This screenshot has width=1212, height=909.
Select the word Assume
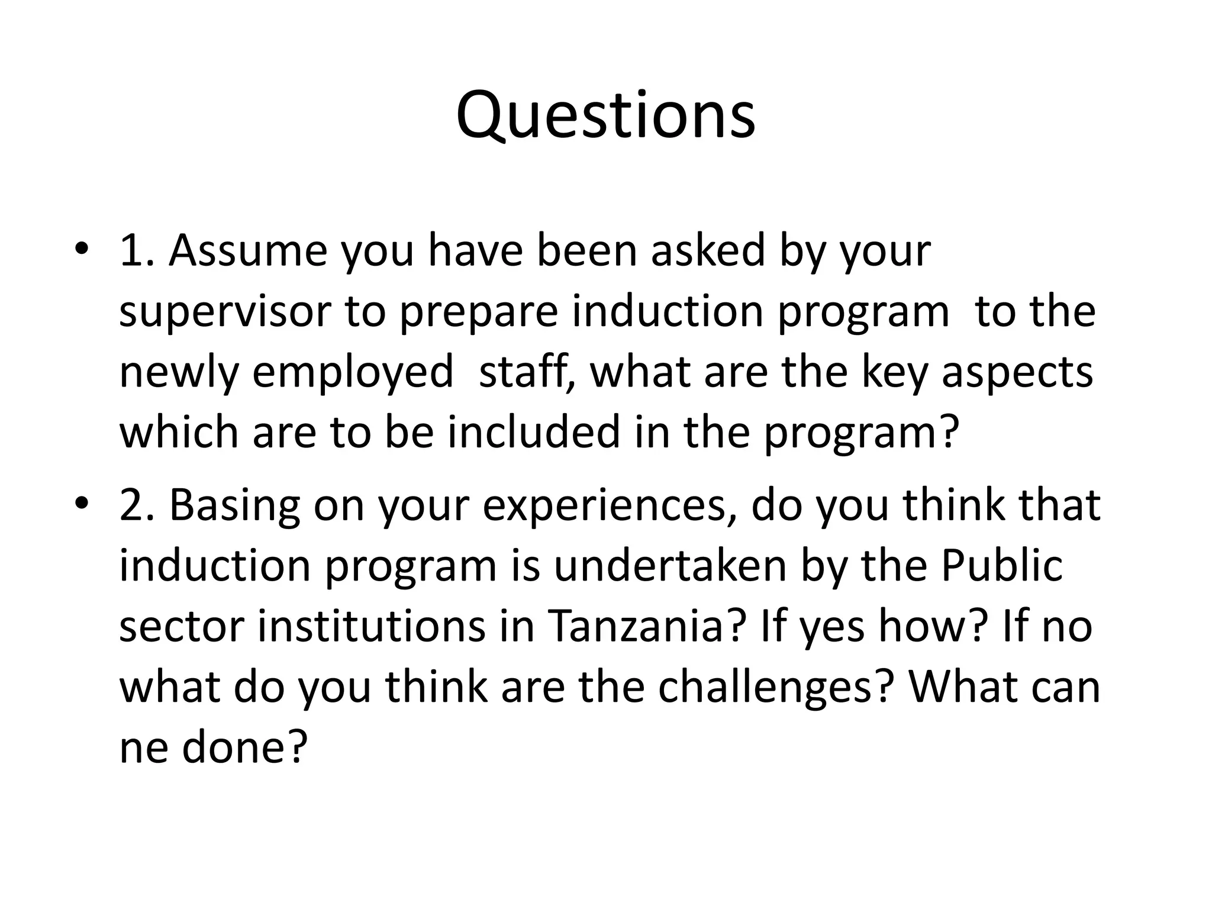tap(247, 250)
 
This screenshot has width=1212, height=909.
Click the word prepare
tap(478, 314)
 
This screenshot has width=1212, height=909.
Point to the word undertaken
tap(669, 565)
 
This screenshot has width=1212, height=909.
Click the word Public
tap(1001, 565)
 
